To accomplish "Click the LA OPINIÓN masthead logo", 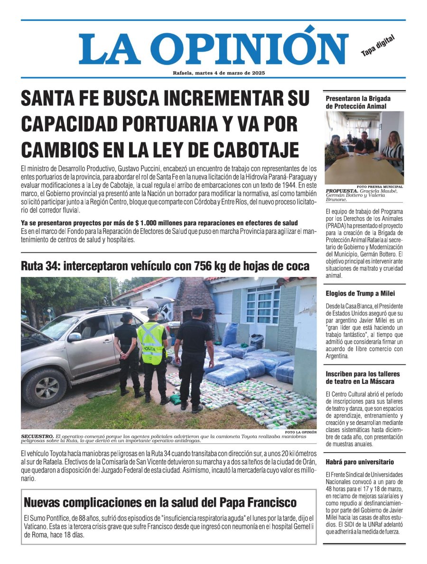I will coord(213,49).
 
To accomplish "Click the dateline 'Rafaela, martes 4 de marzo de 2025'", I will coord(219,73).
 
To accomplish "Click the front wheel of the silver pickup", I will coord(44,388).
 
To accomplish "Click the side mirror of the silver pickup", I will coord(74,337).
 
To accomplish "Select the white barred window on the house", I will coord(263,305).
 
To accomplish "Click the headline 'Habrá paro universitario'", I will coord(360,462).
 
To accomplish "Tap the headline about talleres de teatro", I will coord(363,378).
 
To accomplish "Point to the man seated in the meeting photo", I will coord(364,142).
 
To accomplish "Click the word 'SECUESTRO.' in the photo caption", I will coord(37,435).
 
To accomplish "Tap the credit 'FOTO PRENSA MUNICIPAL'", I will coord(380,186).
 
